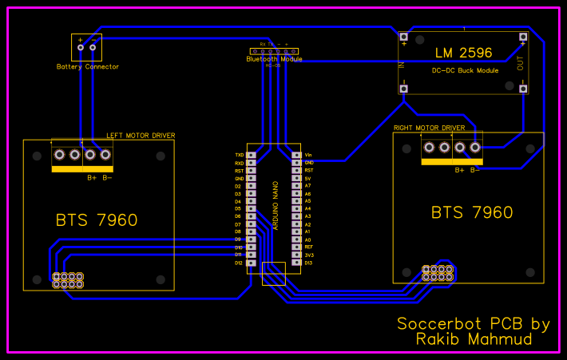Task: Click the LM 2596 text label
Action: coord(464,53)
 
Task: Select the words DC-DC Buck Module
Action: coord(465,71)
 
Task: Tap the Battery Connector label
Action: coord(88,67)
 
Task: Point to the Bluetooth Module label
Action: coord(274,59)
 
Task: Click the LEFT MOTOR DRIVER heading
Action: coord(141,136)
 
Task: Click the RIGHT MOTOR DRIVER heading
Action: coord(429,128)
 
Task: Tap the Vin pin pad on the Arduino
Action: coord(296,155)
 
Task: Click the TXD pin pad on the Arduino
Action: coord(252,155)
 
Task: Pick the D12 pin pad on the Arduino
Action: coord(252,263)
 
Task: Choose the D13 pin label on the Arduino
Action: coord(308,263)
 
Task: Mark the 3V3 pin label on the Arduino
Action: coord(308,255)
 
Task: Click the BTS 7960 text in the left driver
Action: coord(97,220)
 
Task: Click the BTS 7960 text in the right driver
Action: coord(472,212)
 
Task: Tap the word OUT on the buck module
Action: coord(521,64)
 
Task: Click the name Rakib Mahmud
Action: coord(474,340)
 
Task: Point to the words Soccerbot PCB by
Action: coord(474,324)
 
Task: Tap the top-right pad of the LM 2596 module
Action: coord(523,38)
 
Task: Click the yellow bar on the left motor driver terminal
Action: coord(81,169)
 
